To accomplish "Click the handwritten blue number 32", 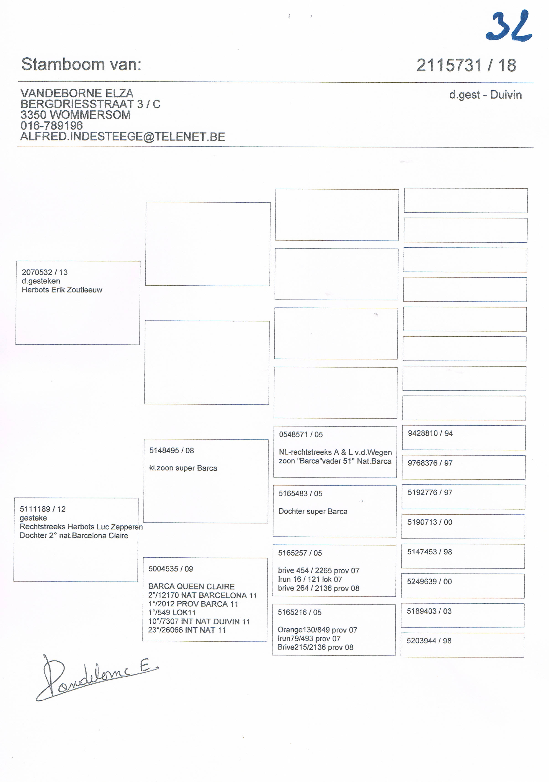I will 509,27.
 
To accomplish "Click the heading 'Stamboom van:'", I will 81,64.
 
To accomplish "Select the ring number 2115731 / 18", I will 466,65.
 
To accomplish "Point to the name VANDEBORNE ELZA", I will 77,93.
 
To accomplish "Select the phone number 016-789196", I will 52,126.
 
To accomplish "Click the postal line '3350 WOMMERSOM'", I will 75,115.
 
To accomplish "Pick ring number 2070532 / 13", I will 45,272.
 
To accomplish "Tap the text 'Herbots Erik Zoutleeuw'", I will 62,290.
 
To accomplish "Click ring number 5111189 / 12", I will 43,509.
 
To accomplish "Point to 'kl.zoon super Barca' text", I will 183,468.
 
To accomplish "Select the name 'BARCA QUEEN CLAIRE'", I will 191,586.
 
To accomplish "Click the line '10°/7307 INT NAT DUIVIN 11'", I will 199,621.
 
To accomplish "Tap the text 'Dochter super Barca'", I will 313,511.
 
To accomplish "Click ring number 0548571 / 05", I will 301,434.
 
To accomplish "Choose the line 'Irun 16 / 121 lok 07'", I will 310,579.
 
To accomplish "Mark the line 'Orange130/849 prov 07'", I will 317,630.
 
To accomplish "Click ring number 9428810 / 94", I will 430,433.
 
